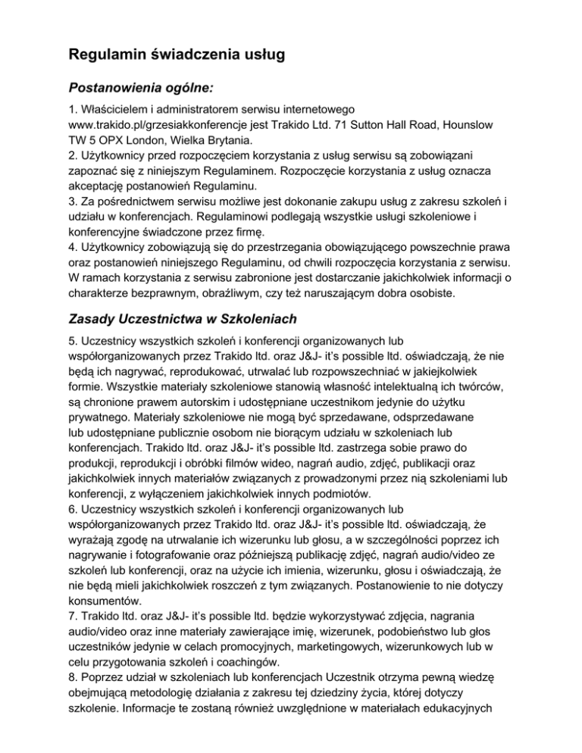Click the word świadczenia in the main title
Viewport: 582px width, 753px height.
click(x=202, y=55)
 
